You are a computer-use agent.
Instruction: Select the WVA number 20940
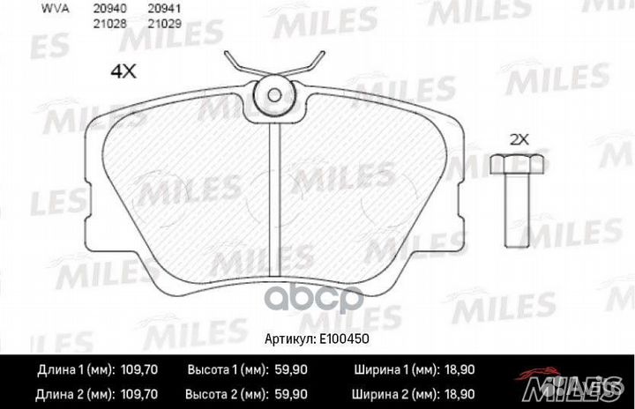pos(105,10)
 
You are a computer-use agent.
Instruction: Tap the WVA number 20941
pos(165,10)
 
